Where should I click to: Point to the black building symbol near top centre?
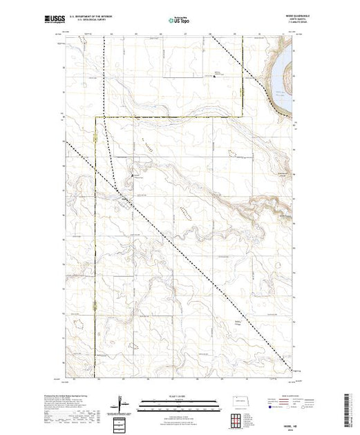tap(214, 77)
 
